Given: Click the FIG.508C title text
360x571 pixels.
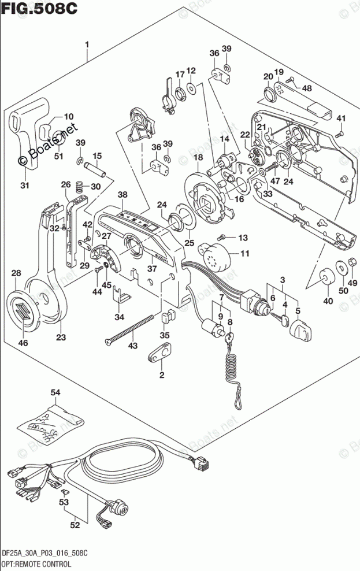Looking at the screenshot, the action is pos(39,8).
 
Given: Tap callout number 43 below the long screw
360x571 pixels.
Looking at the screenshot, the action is pos(133,345).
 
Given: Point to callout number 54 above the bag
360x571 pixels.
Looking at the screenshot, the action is pos(55,392).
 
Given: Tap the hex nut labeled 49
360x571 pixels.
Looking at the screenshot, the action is pos(352,261).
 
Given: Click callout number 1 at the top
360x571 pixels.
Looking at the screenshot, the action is pos(87,45).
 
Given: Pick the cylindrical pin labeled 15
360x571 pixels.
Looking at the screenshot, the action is pos(95,170).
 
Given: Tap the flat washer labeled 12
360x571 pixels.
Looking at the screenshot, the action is pos(191,88).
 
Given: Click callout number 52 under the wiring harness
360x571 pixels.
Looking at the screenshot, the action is pos(75,525).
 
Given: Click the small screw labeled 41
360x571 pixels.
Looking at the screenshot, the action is pos(340,134).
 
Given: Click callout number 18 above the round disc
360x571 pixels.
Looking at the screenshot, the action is pos(198,157).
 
